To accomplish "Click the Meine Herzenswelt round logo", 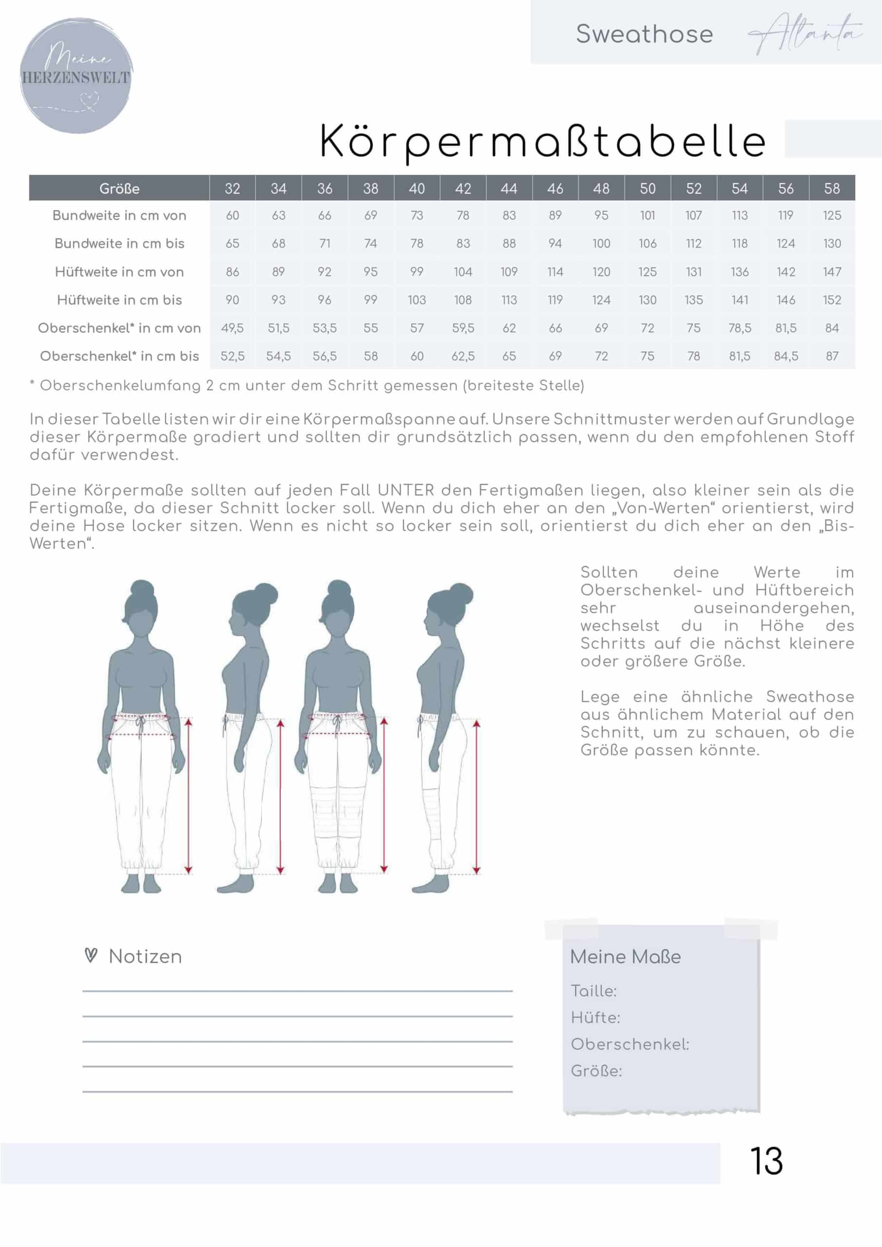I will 76,76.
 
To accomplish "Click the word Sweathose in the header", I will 644,34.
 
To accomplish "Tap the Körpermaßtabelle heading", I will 543,141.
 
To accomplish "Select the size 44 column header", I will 509,189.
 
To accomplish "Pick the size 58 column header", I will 831,189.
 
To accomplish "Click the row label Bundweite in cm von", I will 119,216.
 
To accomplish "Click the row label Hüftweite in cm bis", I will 119,300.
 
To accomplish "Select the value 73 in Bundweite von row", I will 417,216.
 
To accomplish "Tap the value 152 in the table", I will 831,300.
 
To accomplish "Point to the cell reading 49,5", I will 232,328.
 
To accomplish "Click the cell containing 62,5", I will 463,356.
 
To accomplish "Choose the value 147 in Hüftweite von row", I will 831,271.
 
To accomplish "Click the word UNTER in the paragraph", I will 406,491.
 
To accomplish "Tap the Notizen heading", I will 145,956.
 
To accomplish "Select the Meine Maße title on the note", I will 625,956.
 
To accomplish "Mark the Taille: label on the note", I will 594,991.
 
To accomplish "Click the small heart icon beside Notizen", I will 91,955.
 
